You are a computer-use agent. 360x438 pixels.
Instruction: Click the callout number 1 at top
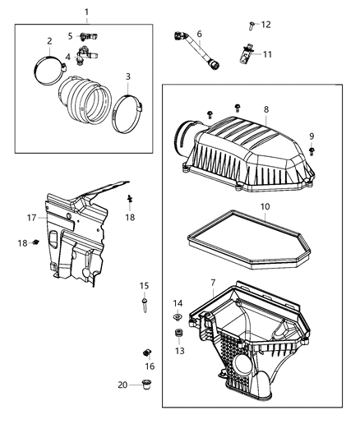point(87,12)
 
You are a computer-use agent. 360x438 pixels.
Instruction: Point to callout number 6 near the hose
point(199,34)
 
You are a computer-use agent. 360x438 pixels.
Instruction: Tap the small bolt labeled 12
point(252,25)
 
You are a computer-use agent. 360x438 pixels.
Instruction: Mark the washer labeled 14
point(178,317)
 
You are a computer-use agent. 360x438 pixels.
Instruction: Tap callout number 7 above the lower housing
point(212,282)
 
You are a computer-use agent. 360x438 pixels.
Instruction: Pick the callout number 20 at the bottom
point(122,385)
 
